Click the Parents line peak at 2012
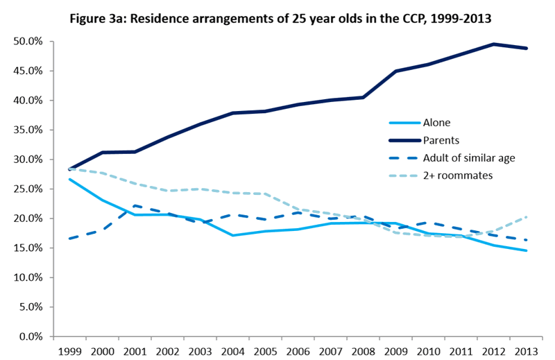click(x=493, y=44)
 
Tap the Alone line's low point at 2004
click(x=232, y=235)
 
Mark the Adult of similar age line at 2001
click(x=133, y=206)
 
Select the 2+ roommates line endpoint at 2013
click(x=527, y=217)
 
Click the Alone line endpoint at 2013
click(x=527, y=250)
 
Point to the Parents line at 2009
click(x=395, y=71)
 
